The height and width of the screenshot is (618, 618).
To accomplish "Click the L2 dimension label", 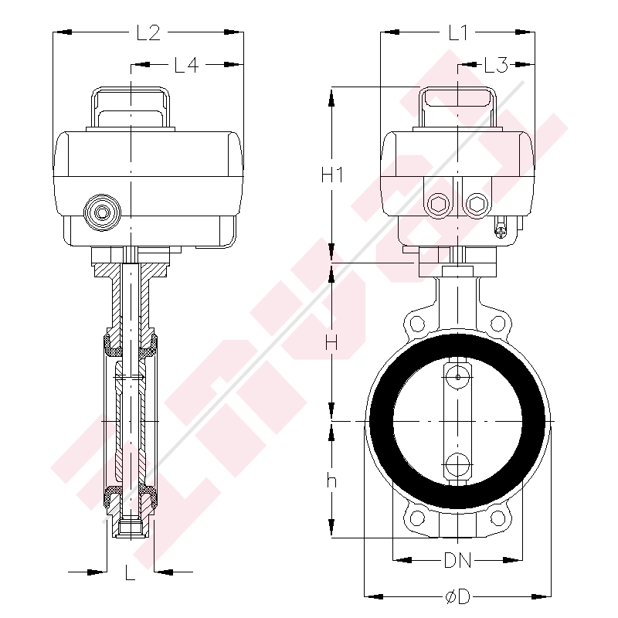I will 148,32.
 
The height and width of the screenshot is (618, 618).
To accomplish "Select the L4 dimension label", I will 186,66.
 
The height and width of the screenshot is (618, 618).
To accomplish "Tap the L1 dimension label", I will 458,32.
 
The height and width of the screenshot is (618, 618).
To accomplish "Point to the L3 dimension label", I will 495,66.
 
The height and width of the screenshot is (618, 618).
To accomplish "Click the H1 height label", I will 332,175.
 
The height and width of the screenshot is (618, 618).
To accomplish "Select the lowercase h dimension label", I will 332,480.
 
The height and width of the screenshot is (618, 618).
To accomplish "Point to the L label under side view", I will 130,572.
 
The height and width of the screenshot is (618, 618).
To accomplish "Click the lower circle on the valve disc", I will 457,465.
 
